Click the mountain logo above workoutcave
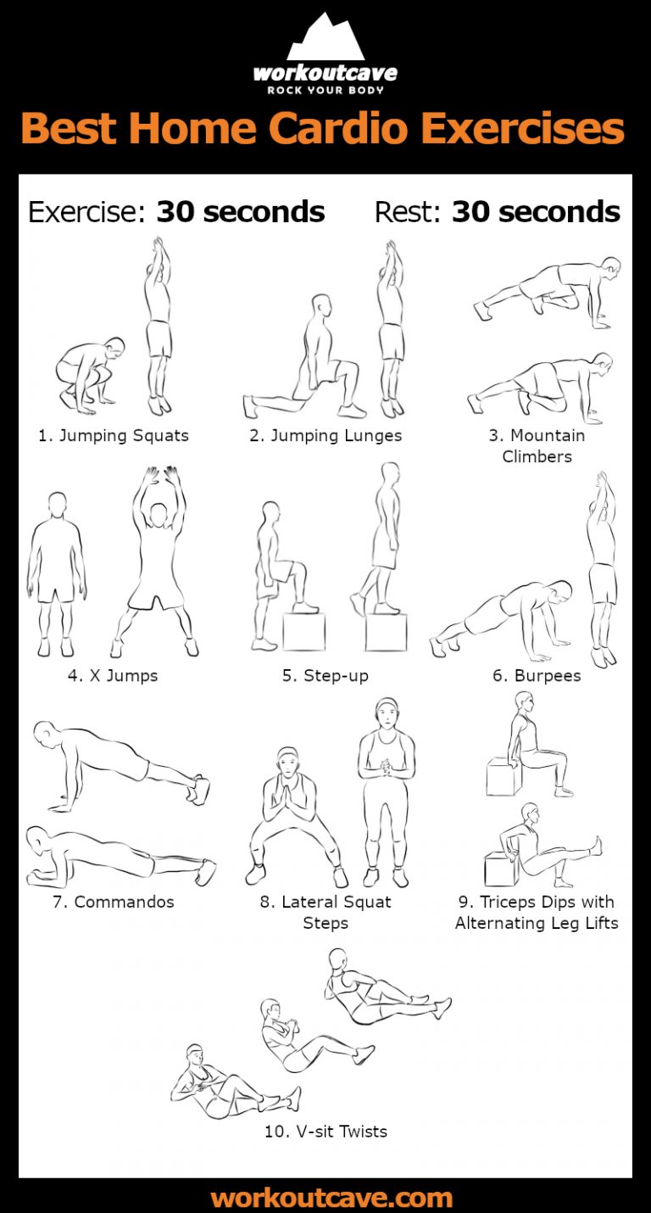click(x=325, y=38)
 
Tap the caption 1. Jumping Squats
click(x=113, y=436)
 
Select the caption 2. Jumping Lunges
click(x=325, y=436)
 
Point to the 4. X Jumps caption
click(x=113, y=676)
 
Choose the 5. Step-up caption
click(x=325, y=676)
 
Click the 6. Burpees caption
click(x=537, y=676)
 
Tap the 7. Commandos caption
click(x=113, y=902)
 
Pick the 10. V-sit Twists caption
click(x=325, y=1131)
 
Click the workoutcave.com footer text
click(x=331, y=1198)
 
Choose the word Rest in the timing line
click(x=405, y=212)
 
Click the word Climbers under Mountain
click(x=537, y=456)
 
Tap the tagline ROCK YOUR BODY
click(x=325, y=90)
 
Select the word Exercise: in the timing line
click(x=87, y=212)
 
